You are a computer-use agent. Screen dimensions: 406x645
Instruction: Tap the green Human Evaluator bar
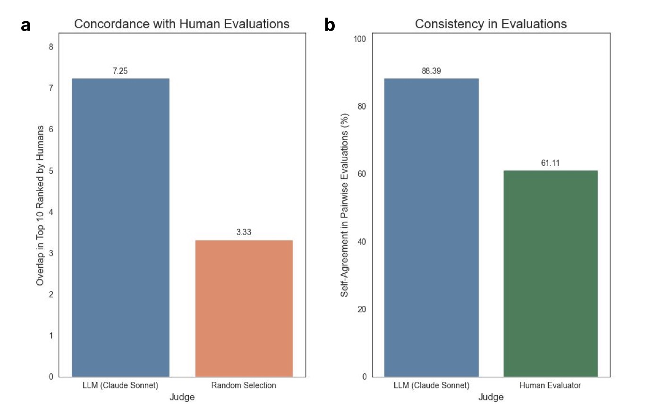pyautogui.click(x=550, y=273)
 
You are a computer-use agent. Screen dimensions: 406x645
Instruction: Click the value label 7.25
pyautogui.click(x=120, y=71)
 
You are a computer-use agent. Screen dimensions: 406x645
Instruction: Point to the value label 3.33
pyautogui.click(x=244, y=233)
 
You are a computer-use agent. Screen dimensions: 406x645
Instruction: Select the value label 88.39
pyautogui.click(x=431, y=71)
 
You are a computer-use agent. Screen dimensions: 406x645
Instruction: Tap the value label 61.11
pyautogui.click(x=550, y=163)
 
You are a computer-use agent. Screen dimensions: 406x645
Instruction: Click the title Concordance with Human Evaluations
pyautogui.click(x=182, y=24)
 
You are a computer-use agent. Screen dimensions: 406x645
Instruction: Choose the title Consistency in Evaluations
pyautogui.click(x=491, y=24)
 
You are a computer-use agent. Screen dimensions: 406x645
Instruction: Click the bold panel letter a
pyautogui.click(x=26, y=25)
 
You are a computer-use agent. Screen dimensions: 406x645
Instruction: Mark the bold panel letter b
pyautogui.click(x=330, y=25)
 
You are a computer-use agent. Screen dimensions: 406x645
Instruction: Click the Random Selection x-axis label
pyautogui.click(x=244, y=385)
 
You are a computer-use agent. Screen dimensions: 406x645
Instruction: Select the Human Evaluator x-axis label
pyautogui.click(x=550, y=385)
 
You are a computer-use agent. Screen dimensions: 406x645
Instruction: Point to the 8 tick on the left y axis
pyautogui.click(x=51, y=47)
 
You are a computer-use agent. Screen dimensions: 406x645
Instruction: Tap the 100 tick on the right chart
pyautogui.click(x=360, y=39)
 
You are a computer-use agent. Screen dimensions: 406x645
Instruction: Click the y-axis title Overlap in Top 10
pyautogui.click(x=41, y=205)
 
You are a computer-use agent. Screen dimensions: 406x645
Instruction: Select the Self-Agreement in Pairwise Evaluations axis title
pyautogui.click(x=345, y=205)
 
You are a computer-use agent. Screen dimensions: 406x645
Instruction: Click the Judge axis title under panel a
pyautogui.click(x=182, y=397)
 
